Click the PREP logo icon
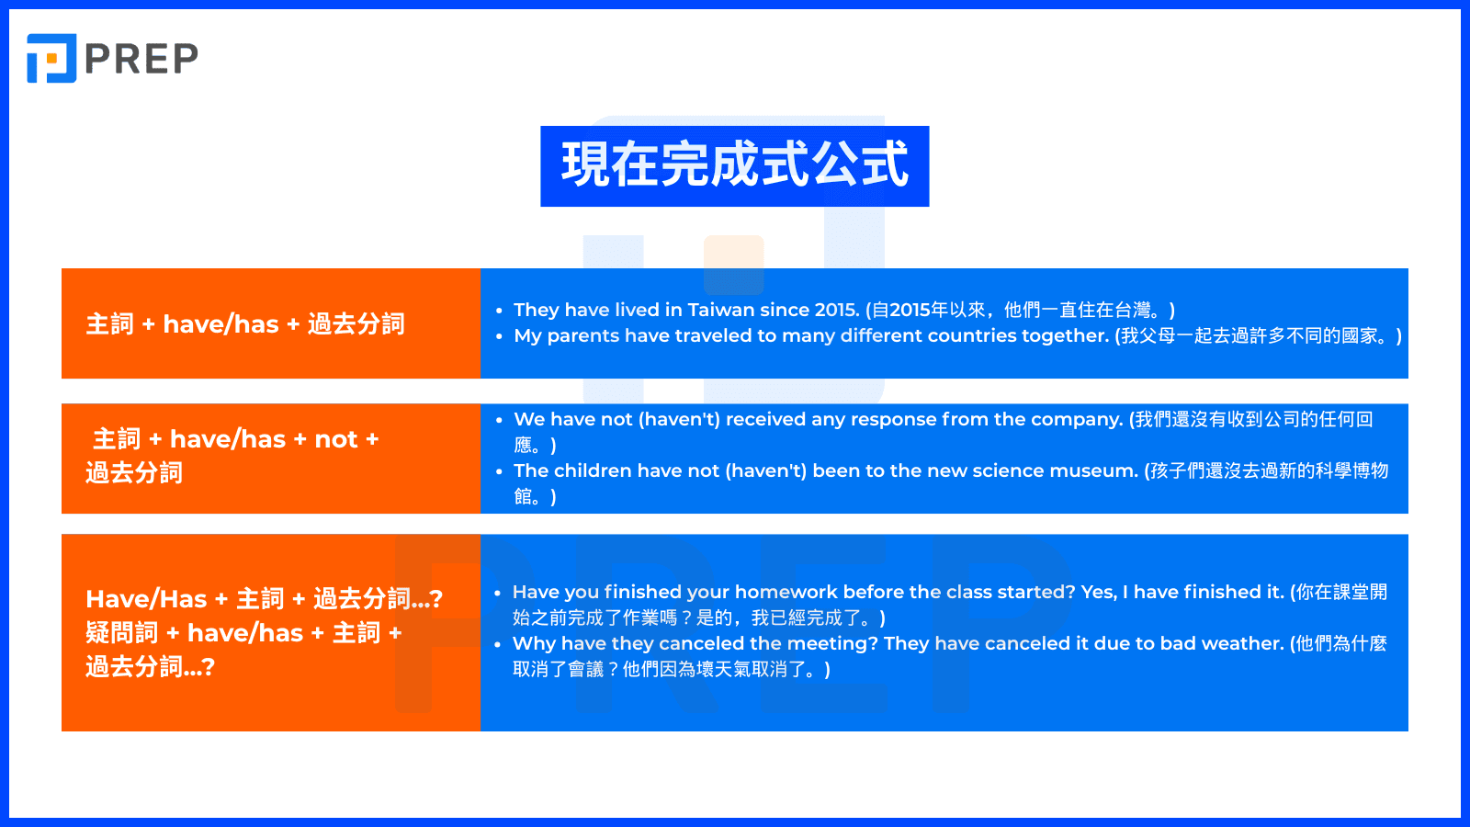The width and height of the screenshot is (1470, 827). (x=51, y=58)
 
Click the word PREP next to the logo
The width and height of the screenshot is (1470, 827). (x=141, y=59)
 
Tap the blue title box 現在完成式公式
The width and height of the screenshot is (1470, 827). (x=734, y=166)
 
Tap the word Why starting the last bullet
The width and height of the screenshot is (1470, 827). (x=533, y=643)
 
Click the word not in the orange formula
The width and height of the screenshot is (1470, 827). (x=335, y=439)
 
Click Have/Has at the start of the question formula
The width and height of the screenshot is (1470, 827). (x=146, y=599)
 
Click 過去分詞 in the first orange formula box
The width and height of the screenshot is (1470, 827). (x=356, y=323)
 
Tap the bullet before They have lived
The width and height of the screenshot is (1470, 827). (x=499, y=311)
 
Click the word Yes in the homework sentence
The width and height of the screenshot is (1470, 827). (x=1098, y=592)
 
